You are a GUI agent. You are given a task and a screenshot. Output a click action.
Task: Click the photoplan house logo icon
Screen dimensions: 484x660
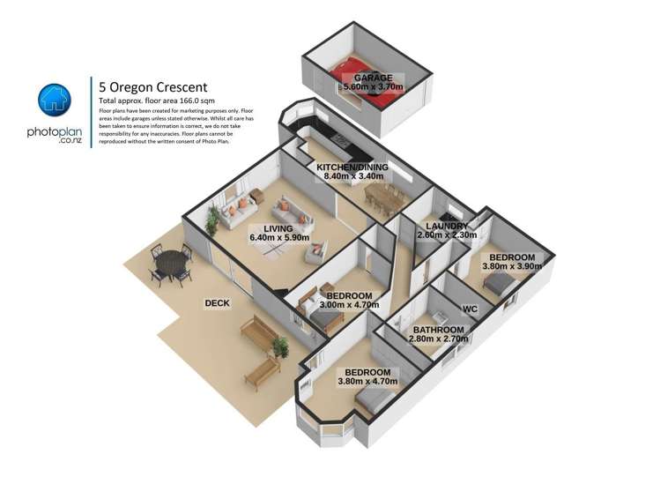53,100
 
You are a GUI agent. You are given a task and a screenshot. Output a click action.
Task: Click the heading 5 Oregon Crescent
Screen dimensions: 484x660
154,86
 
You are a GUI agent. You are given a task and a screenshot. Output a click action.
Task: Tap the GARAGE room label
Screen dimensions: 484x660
373,78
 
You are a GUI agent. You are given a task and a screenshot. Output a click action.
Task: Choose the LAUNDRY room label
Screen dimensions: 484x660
445,226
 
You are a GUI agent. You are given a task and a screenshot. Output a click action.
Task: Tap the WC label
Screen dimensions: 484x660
470,309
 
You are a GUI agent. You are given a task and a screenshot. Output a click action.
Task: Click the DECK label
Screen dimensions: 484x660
217,303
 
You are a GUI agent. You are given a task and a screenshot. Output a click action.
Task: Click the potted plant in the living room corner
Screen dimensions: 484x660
211,220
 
